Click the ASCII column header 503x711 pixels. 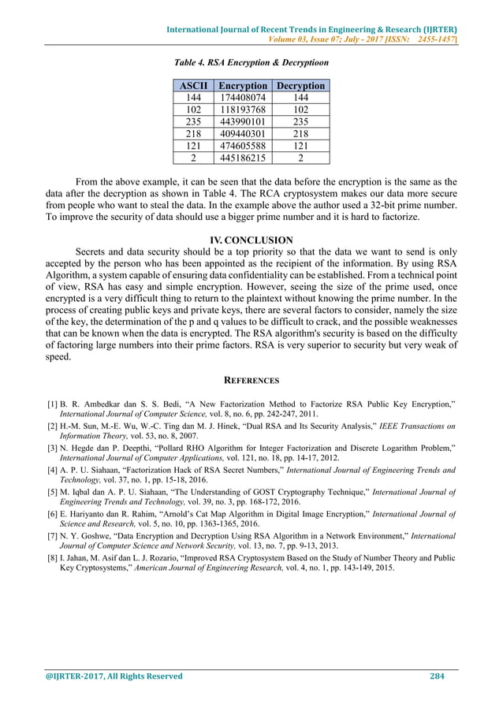pyautogui.click(x=192, y=86)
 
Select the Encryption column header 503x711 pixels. pyautogui.click(x=242, y=86)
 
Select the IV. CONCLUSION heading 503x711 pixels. pyautogui.click(x=251, y=240)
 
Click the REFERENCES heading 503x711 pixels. pyautogui.click(x=251, y=381)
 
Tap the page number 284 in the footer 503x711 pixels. pyautogui.click(x=438, y=676)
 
